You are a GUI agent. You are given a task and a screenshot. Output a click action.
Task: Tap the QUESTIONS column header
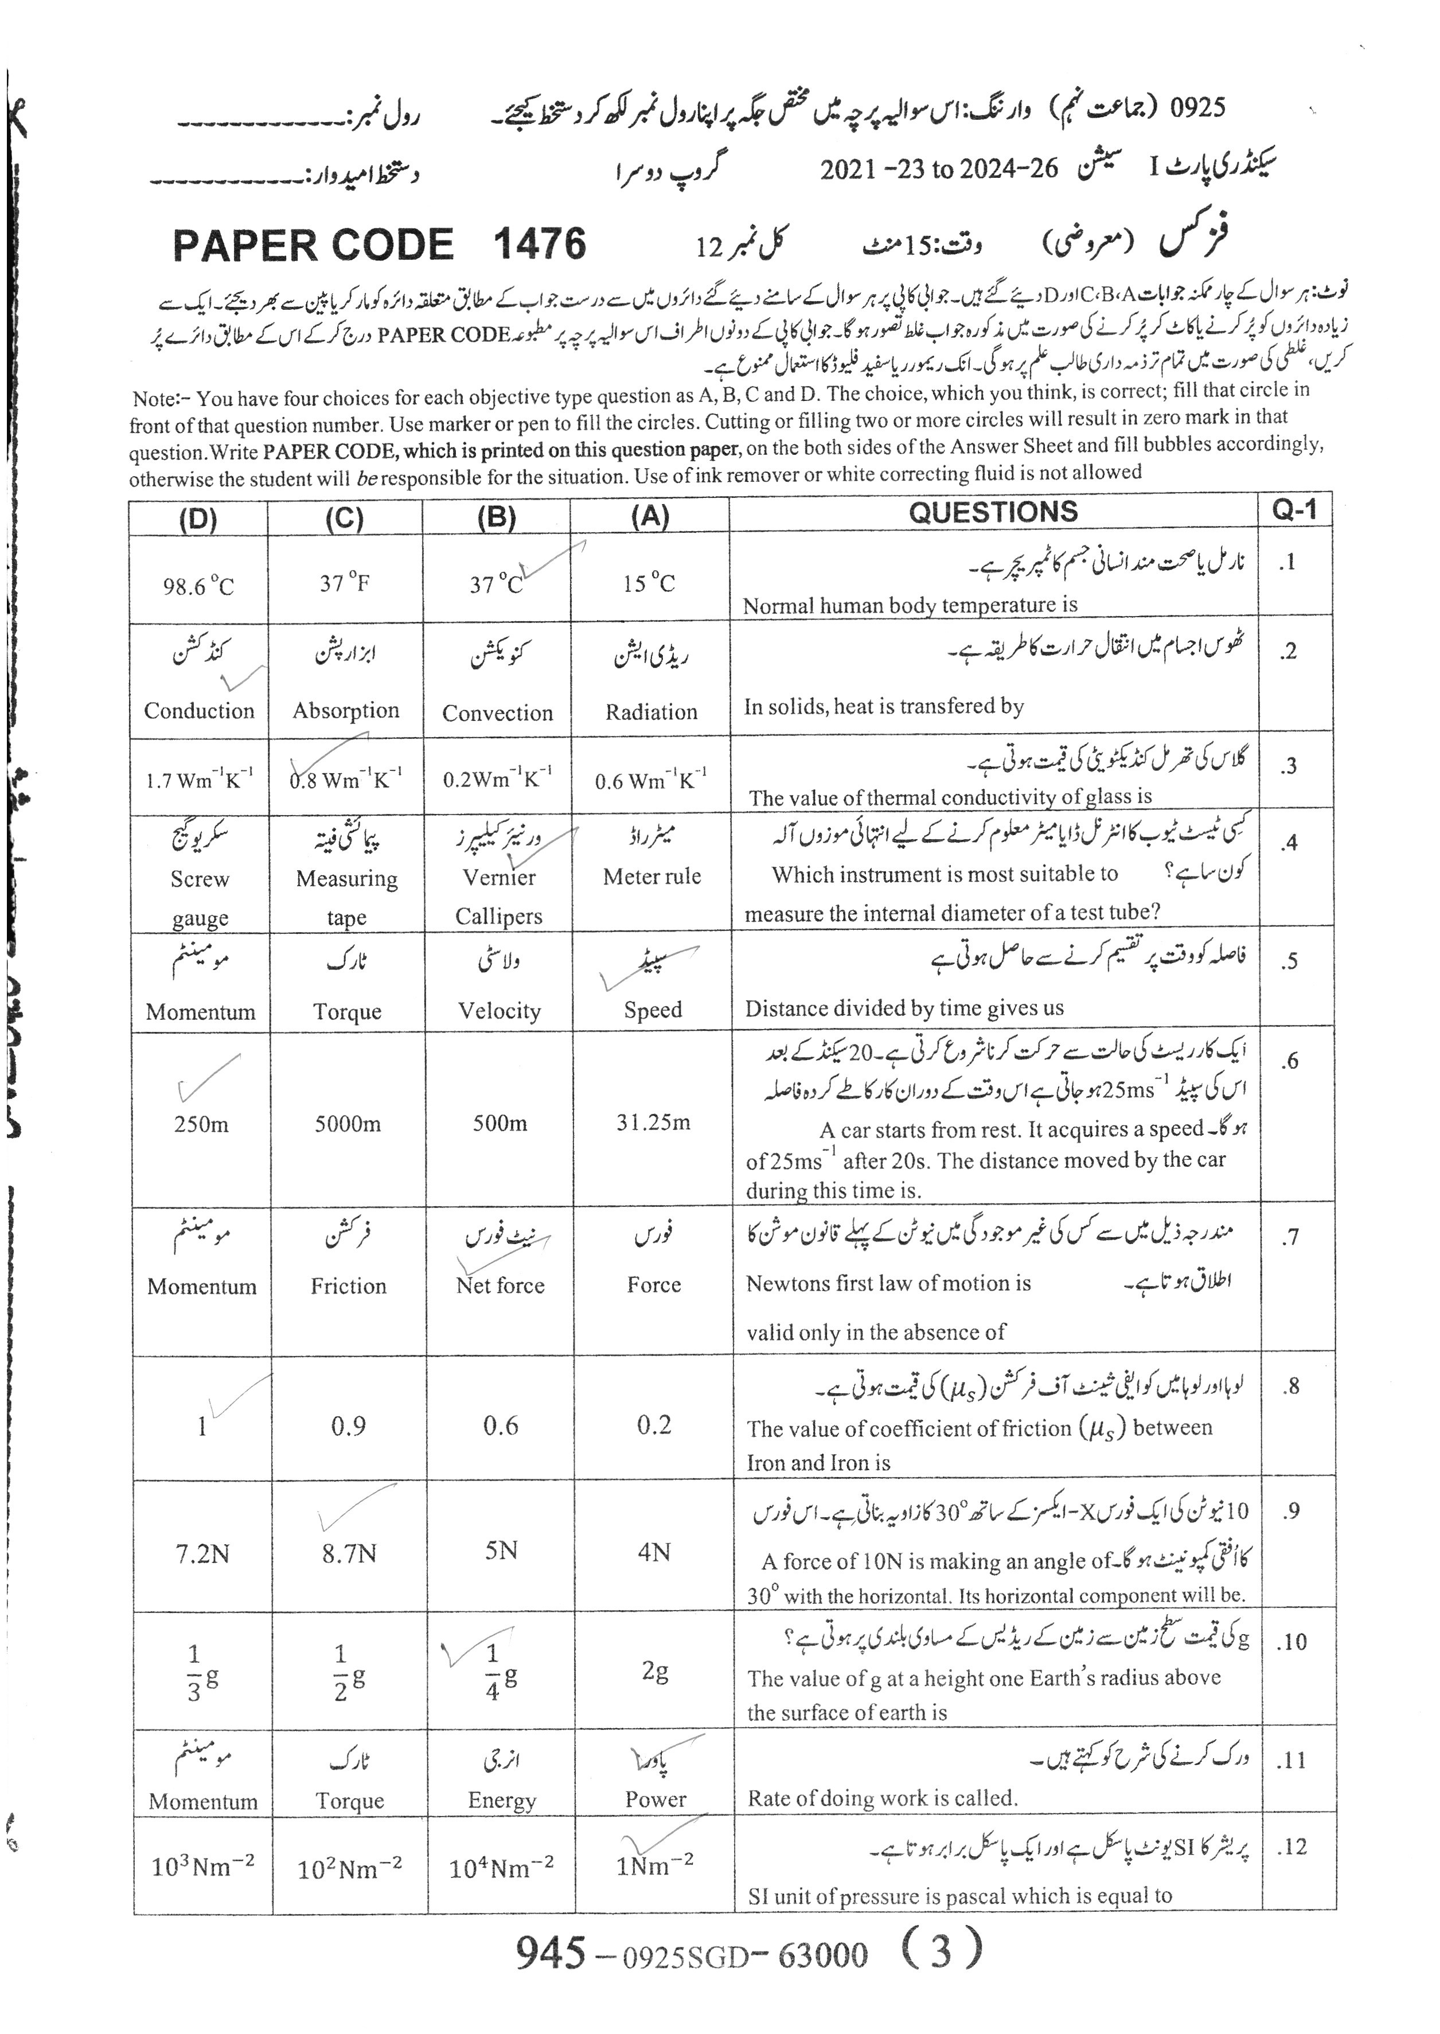click(x=993, y=512)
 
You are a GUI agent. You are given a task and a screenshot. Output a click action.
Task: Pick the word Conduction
click(x=200, y=710)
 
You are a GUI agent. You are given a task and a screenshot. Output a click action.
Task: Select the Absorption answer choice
click(x=346, y=710)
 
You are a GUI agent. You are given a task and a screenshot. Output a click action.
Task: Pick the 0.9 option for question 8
click(x=349, y=1427)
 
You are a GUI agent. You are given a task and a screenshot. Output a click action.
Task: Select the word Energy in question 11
click(x=502, y=1801)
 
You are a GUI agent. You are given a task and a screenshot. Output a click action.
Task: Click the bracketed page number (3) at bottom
click(x=941, y=1953)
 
